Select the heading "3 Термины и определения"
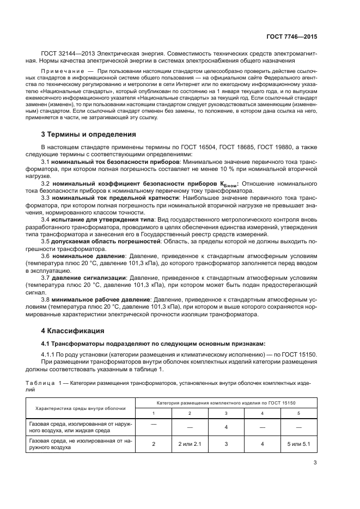coord(89,134)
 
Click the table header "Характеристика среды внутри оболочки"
coord(81,407)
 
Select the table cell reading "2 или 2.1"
coord(190,444)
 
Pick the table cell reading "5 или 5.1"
coord(298,444)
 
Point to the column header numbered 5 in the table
coord(298,413)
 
